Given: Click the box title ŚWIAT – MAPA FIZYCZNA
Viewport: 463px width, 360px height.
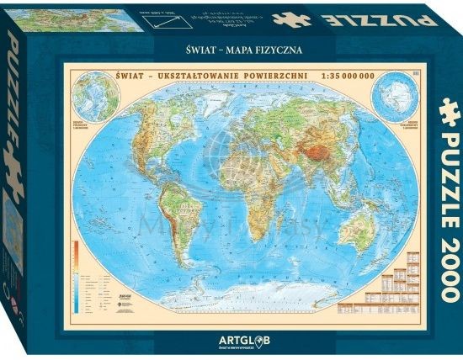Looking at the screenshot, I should click(236, 50).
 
